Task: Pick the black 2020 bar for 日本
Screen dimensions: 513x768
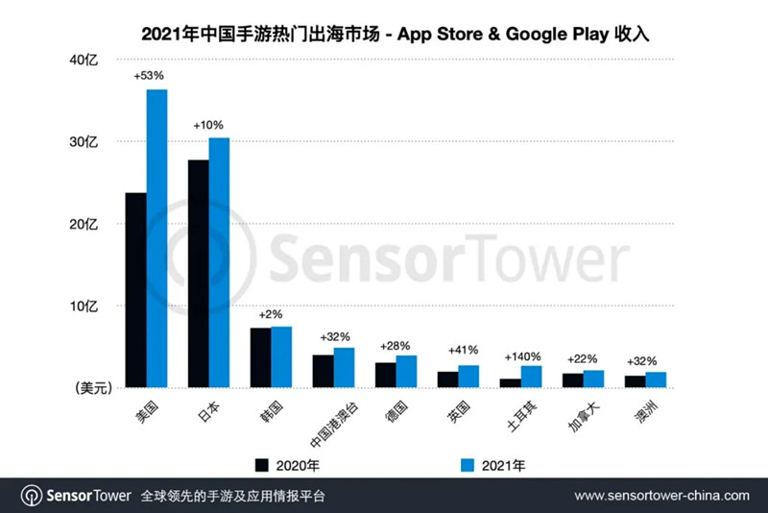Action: [199, 273]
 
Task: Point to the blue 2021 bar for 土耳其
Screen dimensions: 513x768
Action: [531, 377]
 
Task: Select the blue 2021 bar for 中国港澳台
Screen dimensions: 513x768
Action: [344, 367]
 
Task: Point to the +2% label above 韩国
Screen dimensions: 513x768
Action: [272, 314]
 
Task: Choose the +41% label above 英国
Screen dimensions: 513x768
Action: [461, 350]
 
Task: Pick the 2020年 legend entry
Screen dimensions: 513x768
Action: [299, 466]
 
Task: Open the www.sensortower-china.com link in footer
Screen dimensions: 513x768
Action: [661, 496]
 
